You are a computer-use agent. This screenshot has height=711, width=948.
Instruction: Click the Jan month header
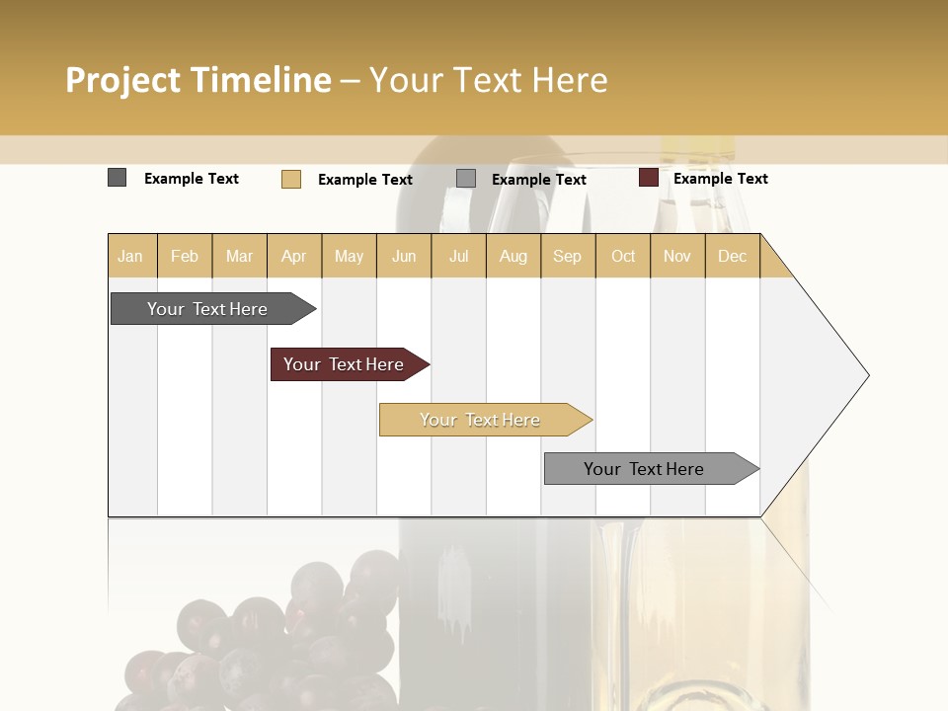coord(130,256)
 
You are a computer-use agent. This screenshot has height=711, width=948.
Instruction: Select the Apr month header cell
coord(294,256)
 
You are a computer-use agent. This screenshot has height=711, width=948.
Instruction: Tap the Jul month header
coord(459,256)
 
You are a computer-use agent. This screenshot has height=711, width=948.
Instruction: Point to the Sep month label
coord(567,256)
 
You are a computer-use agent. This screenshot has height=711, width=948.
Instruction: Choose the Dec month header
coord(732,256)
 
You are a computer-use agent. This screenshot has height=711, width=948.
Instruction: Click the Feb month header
coord(185,256)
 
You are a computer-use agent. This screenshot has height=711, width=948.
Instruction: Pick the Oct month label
coord(623,256)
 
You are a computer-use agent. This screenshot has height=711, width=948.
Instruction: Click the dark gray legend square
coord(117,178)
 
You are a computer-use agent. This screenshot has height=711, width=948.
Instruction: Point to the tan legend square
coord(290,179)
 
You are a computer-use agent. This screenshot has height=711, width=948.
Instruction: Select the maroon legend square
coord(648,178)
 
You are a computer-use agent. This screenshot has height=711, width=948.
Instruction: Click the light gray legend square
coord(466,179)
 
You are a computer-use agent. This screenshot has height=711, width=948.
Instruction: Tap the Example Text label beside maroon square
coord(720,179)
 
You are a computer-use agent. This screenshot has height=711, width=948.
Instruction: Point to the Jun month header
coord(404,256)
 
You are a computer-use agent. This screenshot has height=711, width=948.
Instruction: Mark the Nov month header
coord(677,256)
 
